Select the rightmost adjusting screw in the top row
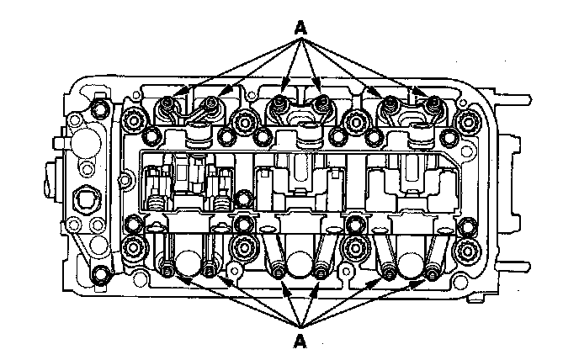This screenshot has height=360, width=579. click(435, 103)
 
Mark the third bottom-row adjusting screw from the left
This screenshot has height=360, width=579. click(276, 271)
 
